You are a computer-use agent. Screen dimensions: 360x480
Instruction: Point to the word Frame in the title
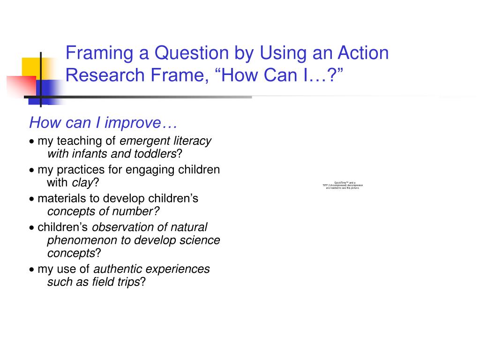click(x=172, y=75)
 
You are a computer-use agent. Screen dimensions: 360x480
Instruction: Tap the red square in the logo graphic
click(x=22, y=87)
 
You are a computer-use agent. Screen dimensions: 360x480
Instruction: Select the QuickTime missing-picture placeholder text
click(x=342, y=185)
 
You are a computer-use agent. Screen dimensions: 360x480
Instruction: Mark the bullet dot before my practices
click(x=31, y=170)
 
